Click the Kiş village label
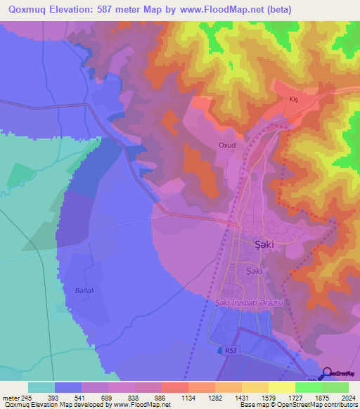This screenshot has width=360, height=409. point(294,100)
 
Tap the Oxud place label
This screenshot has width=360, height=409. point(226,145)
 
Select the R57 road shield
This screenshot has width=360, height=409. point(232,349)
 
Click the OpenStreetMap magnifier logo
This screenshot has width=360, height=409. point(327,373)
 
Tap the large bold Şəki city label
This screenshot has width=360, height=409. point(263,245)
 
